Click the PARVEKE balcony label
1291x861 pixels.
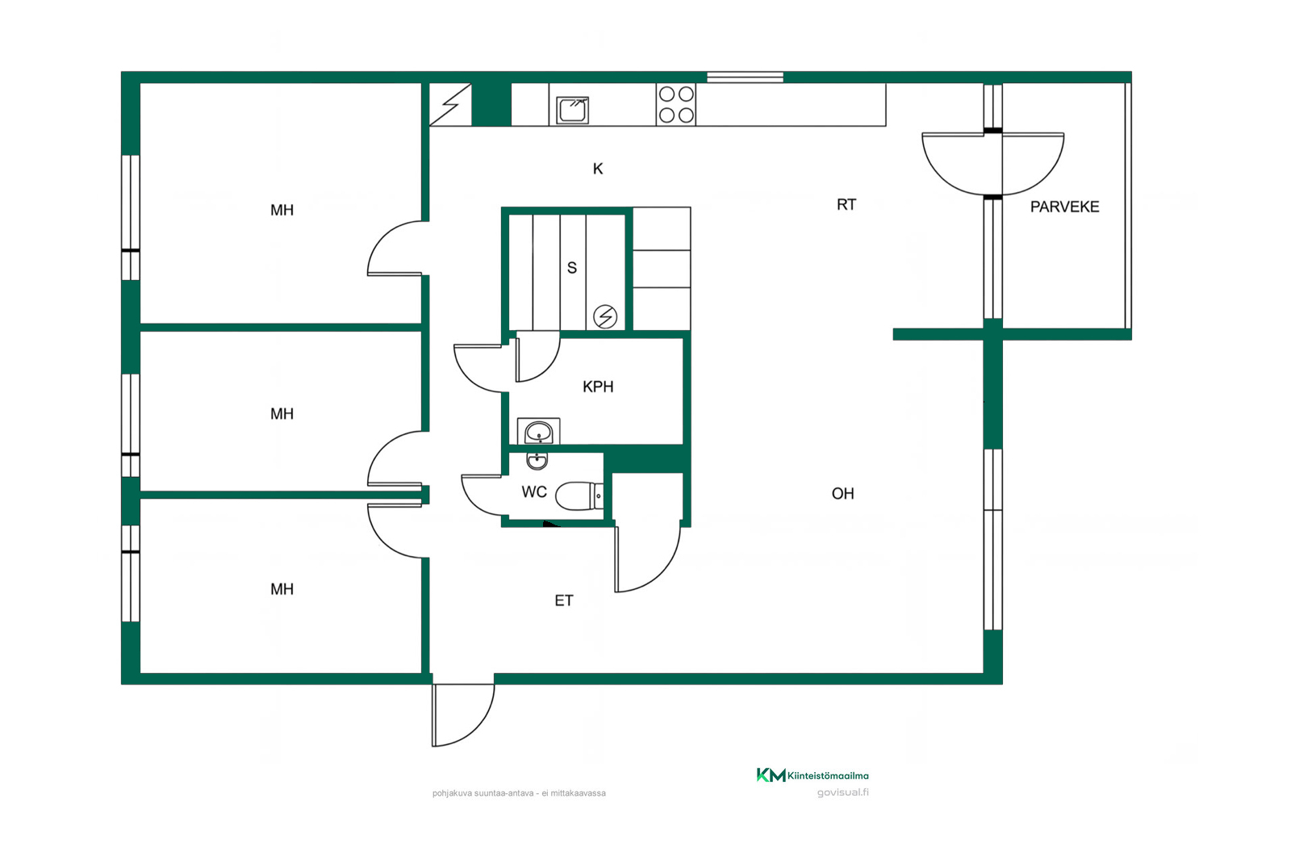[x=1064, y=207]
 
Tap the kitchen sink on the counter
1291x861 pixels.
[x=572, y=110]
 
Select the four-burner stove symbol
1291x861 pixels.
[x=676, y=104]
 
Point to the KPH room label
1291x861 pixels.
[x=598, y=387]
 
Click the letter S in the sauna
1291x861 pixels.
[x=572, y=267]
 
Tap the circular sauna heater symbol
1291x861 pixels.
[x=605, y=316]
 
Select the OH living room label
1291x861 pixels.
[x=842, y=493]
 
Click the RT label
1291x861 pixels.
[x=846, y=205]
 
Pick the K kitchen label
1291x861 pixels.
[x=598, y=169]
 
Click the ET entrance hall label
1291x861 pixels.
[x=564, y=601]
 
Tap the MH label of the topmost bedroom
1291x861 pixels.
[x=282, y=211]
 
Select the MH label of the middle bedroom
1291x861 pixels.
[x=282, y=414]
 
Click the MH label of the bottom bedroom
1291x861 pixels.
[x=282, y=589]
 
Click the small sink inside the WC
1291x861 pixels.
[x=537, y=461]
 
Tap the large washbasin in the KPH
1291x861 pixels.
[x=539, y=432]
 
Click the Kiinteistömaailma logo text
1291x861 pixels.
[x=828, y=775]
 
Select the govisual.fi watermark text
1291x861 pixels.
[x=842, y=792]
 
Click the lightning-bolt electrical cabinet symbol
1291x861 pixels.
[x=451, y=105]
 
